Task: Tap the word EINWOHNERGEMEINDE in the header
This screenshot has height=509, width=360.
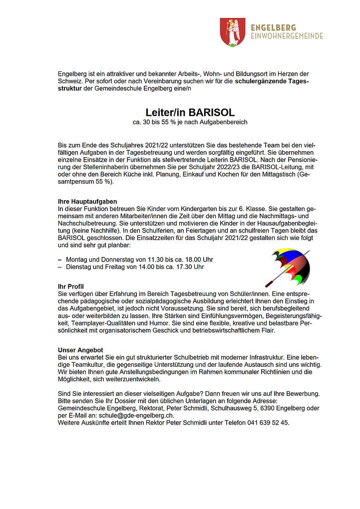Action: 287,36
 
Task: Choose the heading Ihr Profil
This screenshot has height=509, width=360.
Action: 71,286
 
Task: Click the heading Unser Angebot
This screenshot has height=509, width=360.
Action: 80,350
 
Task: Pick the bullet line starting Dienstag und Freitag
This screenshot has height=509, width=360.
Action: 134,267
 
